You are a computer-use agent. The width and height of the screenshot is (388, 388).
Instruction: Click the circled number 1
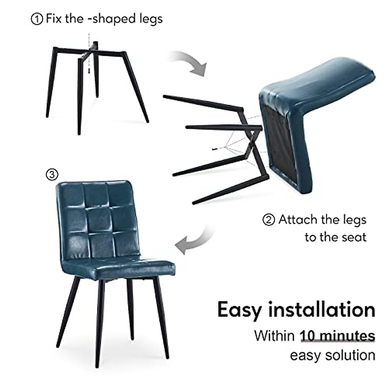point(37,19)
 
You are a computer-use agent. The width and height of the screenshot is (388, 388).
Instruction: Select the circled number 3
point(52,175)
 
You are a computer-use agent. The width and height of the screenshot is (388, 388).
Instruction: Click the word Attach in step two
point(297,220)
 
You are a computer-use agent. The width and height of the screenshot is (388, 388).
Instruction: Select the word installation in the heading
point(322,309)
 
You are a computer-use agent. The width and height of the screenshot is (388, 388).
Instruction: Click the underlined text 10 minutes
point(338,336)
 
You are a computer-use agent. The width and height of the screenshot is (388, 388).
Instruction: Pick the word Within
point(274,336)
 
